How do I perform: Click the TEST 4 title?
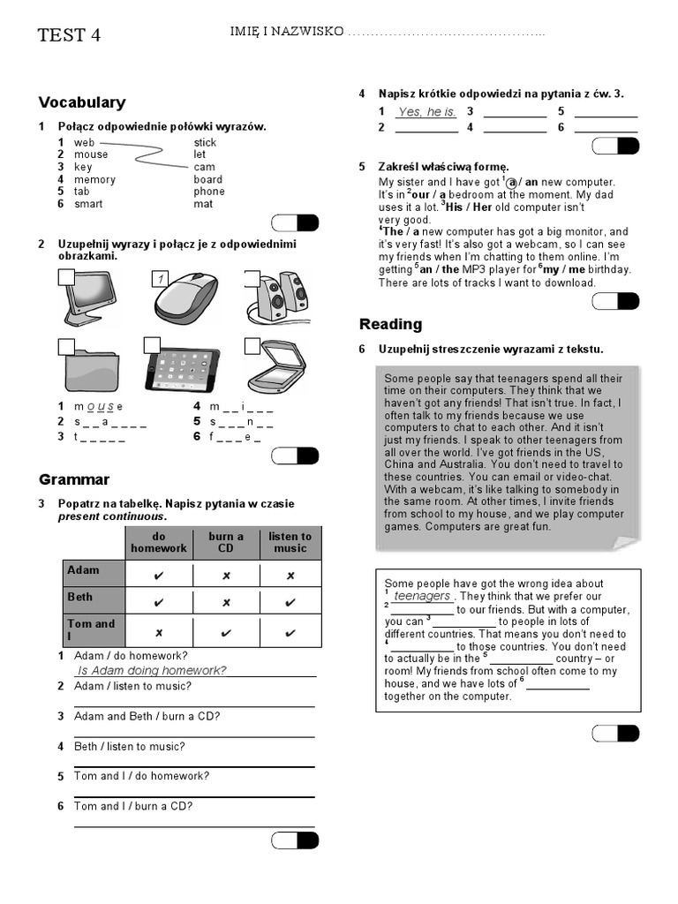pos(69,35)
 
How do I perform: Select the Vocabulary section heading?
pos(82,102)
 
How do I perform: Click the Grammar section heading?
pos(74,479)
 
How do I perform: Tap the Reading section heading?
pos(390,324)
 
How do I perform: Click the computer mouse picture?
pos(186,298)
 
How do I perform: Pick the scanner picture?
pos(277,367)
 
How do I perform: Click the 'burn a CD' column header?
pos(226,542)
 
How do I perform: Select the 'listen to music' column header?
pos(290,542)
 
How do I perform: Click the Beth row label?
pos(80,597)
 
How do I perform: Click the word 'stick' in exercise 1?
pos(205,142)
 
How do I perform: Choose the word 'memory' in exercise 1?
pos(94,179)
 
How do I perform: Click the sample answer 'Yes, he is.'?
pos(426,112)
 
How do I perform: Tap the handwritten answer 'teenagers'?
pos(422,597)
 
